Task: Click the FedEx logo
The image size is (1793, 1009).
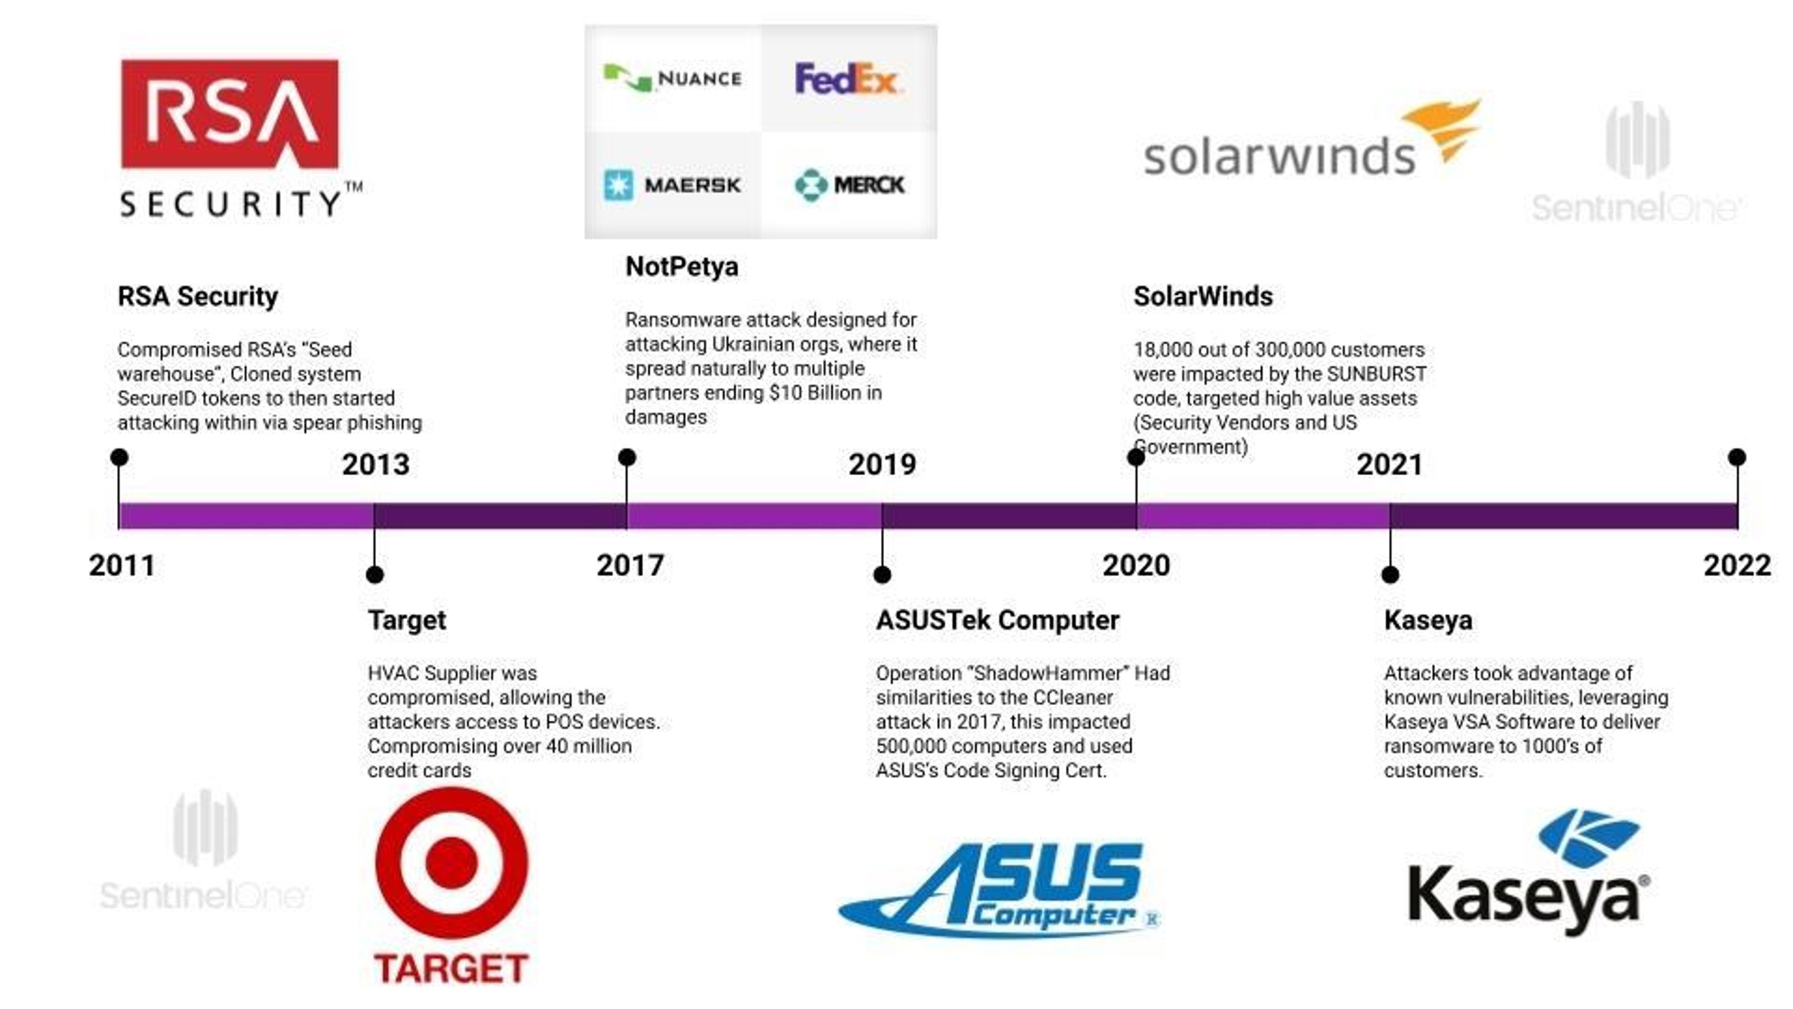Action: coord(847,78)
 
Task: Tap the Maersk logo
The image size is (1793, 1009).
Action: coord(672,185)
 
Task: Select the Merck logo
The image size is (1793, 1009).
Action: coord(850,185)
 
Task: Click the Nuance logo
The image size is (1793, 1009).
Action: coord(672,78)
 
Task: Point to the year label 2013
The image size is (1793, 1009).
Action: coord(375,465)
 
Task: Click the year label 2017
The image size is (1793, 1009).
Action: coord(630,565)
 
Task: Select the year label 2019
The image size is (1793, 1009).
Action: coord(882,465)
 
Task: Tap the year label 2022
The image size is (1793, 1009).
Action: coord(1737,565)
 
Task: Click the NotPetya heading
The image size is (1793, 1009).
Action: coord(681,266)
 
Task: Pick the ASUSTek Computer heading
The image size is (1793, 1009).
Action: coord(997,620)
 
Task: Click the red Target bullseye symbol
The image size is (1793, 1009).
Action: coord(452,863)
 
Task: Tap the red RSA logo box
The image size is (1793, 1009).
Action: coord(230,114)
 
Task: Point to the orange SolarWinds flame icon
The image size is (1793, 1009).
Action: coord(1443,130)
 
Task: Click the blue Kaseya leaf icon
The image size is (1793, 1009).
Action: coord(1588,838)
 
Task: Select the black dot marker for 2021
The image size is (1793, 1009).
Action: coord(1390,575)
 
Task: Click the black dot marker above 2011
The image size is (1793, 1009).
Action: coord(119,458)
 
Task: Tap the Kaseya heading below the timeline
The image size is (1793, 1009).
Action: coord(1428,620)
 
